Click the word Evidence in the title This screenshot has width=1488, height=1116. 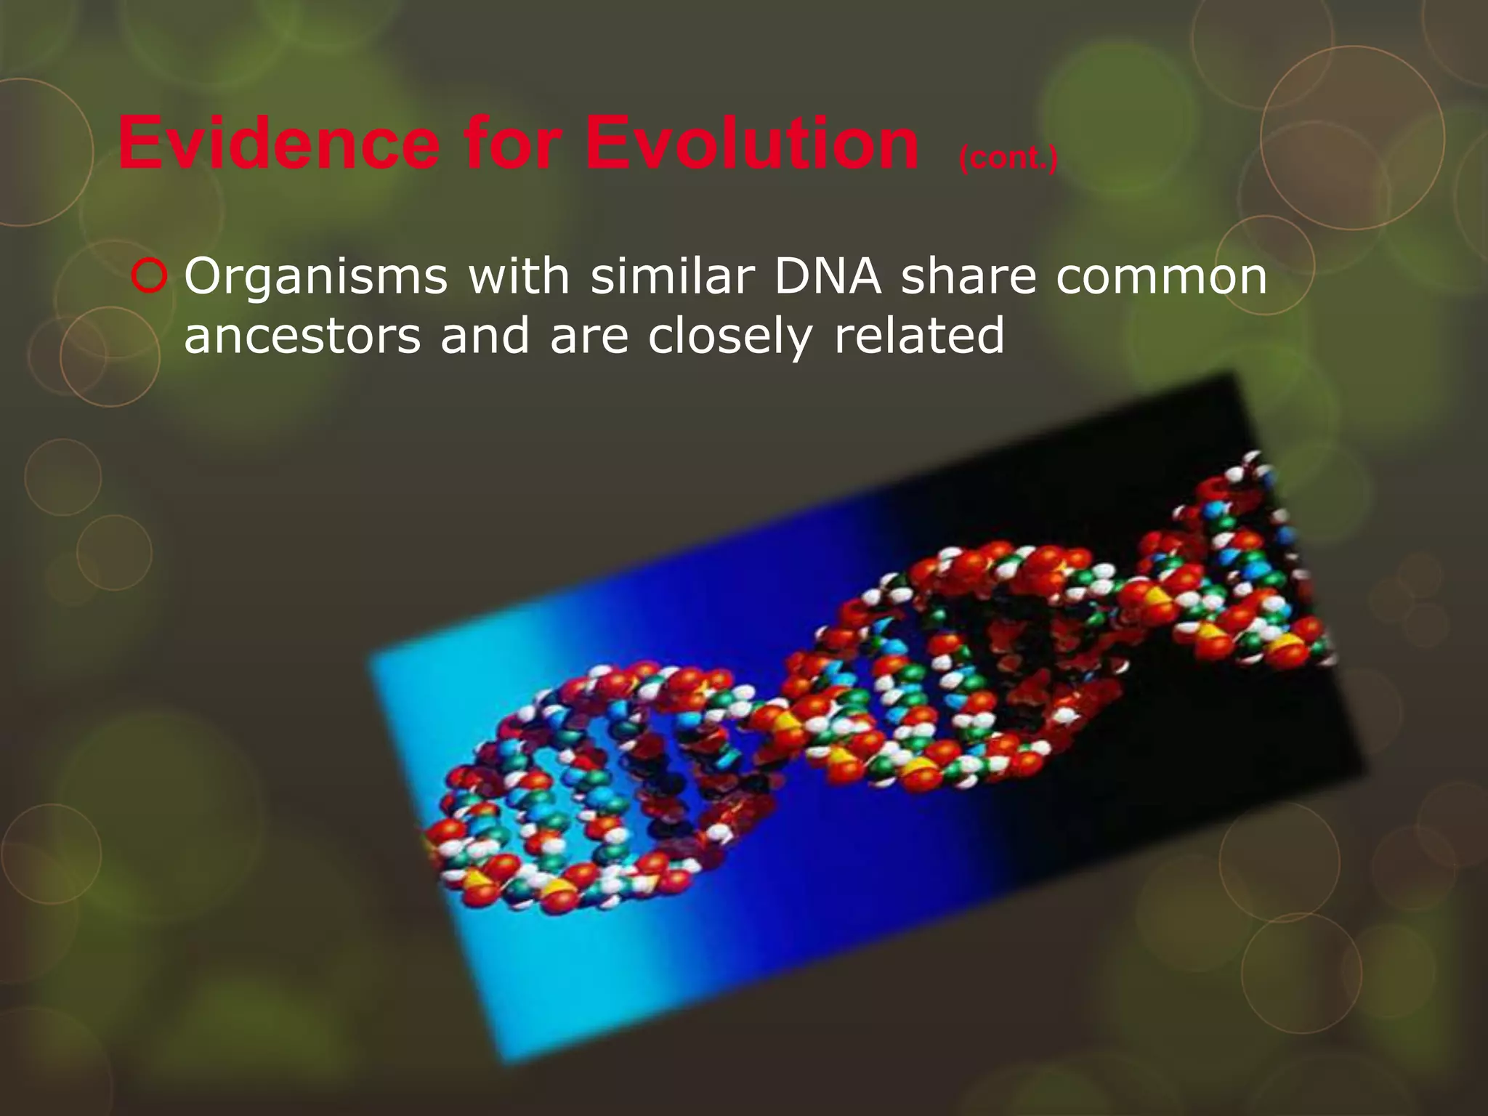(x=278, y=144)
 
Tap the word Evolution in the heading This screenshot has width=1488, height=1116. (x=751, y=144)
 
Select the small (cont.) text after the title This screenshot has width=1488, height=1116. (x=1008, y=158)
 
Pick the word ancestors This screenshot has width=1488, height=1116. (x=302, y=337)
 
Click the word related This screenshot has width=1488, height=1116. (x=918, y=336)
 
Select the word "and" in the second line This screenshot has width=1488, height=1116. (x=485, y=336)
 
